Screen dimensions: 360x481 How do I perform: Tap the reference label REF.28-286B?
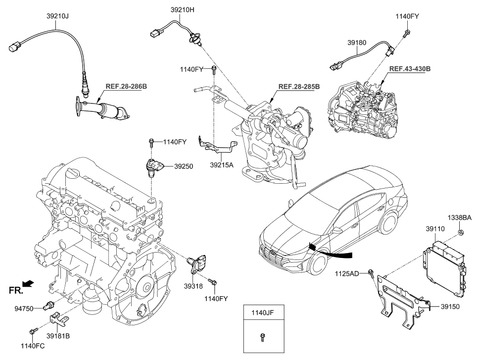[x=126, y=86]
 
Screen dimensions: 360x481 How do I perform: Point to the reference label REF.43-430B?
[x=409, y=69]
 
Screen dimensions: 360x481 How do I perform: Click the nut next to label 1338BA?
[x=460, y=232]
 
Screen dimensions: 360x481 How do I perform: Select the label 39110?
[x=435, y=229]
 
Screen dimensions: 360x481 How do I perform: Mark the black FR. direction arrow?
[x=29, y=283]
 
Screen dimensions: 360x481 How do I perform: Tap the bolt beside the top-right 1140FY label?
[x=405, y=34]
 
